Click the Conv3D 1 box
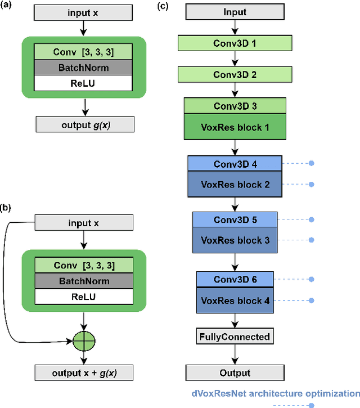click(x=235, y=43)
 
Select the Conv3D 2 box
click(x=235, y=74)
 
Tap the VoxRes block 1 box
click(x=235, y=127)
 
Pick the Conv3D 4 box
click(x=235, y=164)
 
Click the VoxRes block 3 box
click(x=235, y=240)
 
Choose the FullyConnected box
click(x=235, y=337)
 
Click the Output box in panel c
click(x=235, y=373)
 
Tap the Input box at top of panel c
click(x=235, y=12)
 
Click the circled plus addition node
click(x=84, y=340)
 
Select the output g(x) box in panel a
click(x=85, y=124)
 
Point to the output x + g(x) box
click(x=84, y=372)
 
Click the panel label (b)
click(x=8, y=208)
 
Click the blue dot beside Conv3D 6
click(x=311, y=279)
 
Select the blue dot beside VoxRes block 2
click(x=311, y=185)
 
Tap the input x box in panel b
click(x=84, y=223)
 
